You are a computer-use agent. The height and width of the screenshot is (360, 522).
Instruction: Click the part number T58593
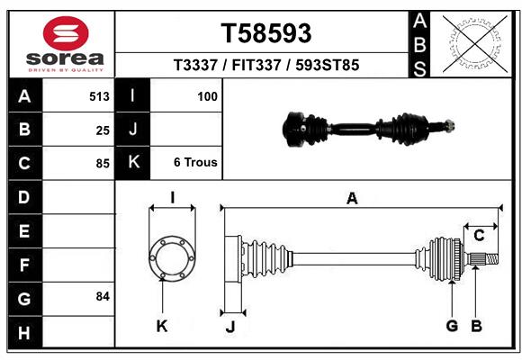pos(266,33)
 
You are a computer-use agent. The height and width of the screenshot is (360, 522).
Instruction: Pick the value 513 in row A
pos(99,96)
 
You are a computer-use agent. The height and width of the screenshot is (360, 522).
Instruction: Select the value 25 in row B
pos(103,130)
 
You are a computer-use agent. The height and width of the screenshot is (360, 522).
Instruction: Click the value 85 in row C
pos(103,164)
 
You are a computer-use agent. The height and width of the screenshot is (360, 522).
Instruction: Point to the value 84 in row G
pos(103,296)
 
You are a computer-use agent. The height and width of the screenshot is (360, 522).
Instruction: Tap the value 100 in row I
pos(207,96)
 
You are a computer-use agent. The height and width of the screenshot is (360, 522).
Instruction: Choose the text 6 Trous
pos(195,163)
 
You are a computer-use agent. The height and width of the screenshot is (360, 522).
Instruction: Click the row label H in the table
pos(24,334)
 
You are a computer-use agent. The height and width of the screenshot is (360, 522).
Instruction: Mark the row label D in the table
pos(24,196)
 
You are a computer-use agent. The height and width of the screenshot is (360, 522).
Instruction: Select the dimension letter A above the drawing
pos(352,198)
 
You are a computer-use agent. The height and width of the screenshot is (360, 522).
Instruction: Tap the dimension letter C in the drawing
pos(479,236)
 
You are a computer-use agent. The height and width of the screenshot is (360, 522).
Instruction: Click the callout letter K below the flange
pos(162,326)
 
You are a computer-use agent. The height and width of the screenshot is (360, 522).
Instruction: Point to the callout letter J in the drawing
pos(229,327)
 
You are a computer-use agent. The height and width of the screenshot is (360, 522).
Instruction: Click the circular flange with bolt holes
pos(171,259)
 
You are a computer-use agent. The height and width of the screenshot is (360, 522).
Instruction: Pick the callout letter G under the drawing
pos(452,326)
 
